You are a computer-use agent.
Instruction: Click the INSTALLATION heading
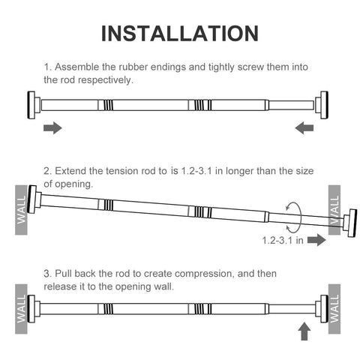pyautogui.click(x=180, y=34)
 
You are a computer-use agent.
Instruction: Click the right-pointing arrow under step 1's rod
pyautogui.click(x=52, y=128)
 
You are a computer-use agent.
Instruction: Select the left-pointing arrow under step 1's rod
pyautogui.click(x=304, y=128)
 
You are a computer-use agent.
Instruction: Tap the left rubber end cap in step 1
pyautogui.click(x=34, y=105)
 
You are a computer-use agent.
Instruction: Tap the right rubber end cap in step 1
pyautogui.click(x=322, y=105)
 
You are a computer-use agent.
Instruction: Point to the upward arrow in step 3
pyautogui.click(x=304, y=331)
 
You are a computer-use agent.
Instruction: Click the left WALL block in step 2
pyautogui.click(x=21, y=210)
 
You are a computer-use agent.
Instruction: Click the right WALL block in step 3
pyautogui.click(x=334, y=309)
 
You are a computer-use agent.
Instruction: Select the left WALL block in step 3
pyautogui.click(x=21, y=309)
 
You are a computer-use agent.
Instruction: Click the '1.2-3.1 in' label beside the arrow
pyautogui.click(x=283, y=241)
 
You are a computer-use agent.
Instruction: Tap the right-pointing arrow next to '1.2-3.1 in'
pyautogui.click(x=316, y=240)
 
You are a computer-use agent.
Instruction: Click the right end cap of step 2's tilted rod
pyautogui.click(x=350, y=223)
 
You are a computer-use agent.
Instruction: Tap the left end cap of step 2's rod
pyautogui.click(x=34, y=199)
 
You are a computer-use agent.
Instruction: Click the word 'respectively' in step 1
pyautogui.click(x=105, y=80)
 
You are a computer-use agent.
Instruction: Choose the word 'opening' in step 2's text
pyautogui.click(x=74, y=184)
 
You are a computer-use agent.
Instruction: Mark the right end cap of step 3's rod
pyautogui.click(x=322, y=309)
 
